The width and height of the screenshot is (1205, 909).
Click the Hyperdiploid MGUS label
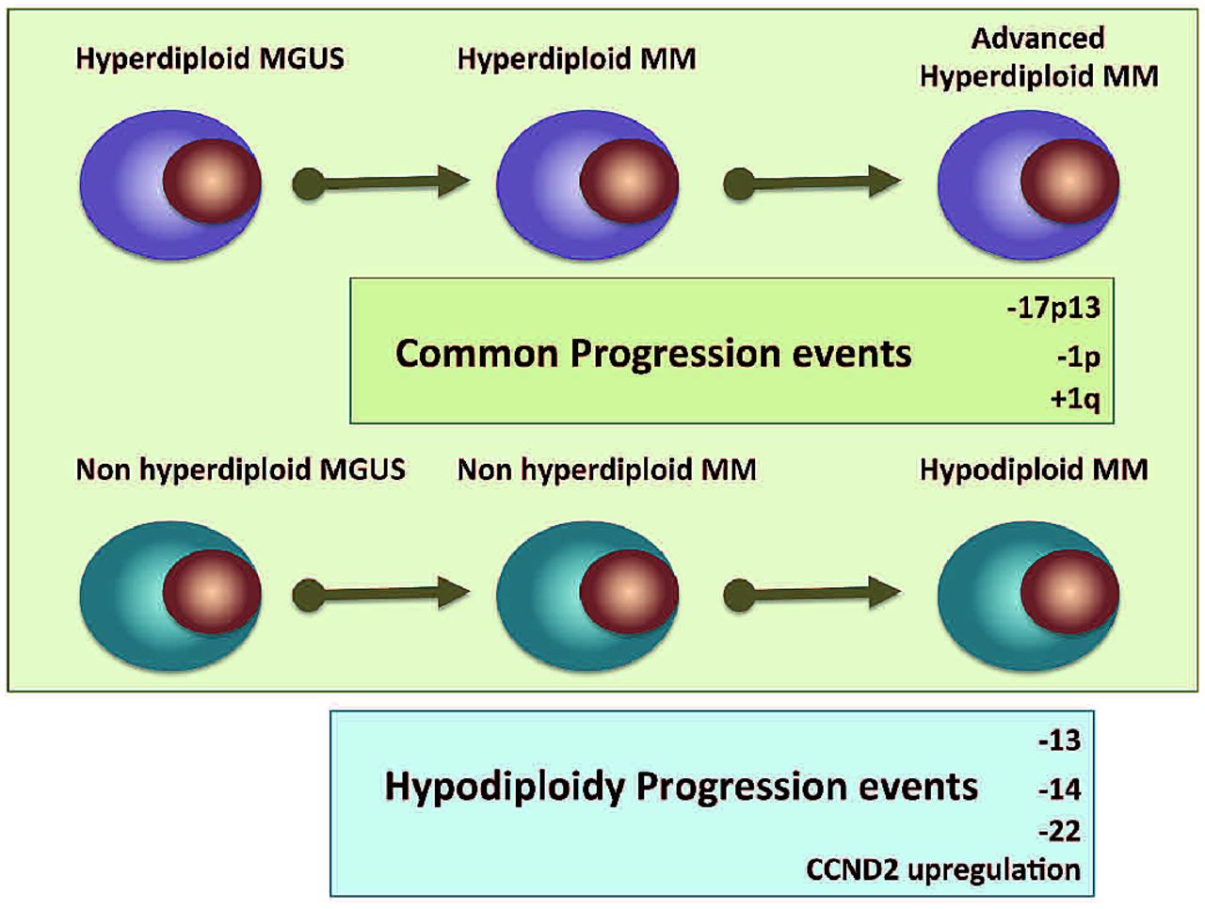[210, 58]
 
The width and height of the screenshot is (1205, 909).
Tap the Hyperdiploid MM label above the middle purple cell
[576, 58]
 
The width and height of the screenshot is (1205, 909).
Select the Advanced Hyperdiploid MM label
[1038, 57]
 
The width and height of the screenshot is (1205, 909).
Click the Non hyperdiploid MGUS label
[240, 469]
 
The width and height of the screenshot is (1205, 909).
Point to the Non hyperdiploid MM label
[606, 469]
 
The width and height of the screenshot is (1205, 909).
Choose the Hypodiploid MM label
[1034, 469]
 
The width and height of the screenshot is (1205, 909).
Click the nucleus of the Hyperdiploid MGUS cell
[212, 181]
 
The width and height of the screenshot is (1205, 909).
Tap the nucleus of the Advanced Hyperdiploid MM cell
[1069, 181]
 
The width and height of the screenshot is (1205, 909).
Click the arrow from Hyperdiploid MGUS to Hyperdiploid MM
[381, 183]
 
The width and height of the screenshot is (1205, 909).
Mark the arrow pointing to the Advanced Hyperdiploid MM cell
[811, 183]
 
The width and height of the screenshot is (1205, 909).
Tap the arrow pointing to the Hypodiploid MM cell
[811, 594]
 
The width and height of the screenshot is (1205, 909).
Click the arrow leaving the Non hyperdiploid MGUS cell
[381, 594]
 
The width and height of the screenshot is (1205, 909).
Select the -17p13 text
[1052, 308]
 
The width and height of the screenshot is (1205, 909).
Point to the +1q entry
[1074, 399]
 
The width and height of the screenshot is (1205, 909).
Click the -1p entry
[1078, 357]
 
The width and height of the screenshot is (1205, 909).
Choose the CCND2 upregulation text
[943, 869]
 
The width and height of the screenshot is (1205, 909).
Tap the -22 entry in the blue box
[1059, 831]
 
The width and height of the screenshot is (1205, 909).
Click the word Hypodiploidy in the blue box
[505, 787]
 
